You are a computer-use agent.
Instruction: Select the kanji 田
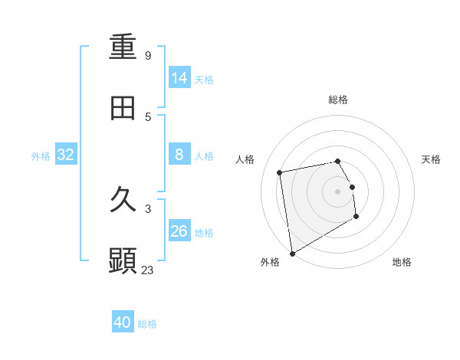tap(123, 108)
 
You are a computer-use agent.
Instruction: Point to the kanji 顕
tap(123, 260)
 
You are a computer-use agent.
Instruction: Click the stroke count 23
tap(147, 270)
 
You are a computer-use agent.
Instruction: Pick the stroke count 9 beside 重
tap(147, 56)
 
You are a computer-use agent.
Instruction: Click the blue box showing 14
tap(179, 77)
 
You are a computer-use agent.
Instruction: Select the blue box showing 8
tap(179, 155)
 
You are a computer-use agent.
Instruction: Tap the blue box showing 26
tap(179, 231)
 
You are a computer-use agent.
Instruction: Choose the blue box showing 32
tap(66, 155)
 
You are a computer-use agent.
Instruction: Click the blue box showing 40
tap(123, 322)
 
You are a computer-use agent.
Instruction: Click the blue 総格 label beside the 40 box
tap(147, 324)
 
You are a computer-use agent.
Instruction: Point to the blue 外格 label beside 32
tap(41, 156)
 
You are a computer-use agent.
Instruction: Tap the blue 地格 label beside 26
tap(204, 233)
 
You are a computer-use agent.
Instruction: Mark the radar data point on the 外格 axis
tap(292, 253)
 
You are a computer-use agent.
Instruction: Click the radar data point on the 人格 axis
tap(280, 172)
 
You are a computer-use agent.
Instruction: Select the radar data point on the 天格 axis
tap(352, 187)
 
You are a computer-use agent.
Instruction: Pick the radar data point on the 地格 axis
tap(356, 218)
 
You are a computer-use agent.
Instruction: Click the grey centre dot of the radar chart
tap(337, 191)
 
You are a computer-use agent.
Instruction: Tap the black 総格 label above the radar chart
tap(338, 100)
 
